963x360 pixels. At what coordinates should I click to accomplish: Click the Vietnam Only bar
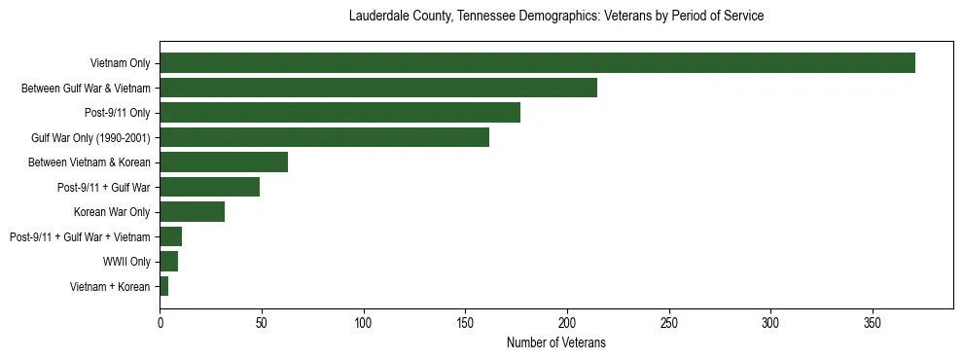537,63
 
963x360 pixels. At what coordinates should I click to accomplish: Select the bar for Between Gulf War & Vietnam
378,88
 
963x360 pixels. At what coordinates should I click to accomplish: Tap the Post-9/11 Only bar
339,113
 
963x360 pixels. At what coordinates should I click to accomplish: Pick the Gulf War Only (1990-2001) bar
324,137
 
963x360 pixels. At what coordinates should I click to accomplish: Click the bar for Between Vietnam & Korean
224,162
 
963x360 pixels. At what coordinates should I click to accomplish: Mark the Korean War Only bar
193,212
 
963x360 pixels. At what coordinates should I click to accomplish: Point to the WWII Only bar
169,262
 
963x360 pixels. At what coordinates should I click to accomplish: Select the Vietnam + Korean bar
164,286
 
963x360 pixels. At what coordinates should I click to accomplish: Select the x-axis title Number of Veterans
556,342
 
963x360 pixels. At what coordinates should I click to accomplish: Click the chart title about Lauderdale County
556,17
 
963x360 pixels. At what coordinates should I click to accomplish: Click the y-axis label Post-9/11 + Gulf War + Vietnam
80,236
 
